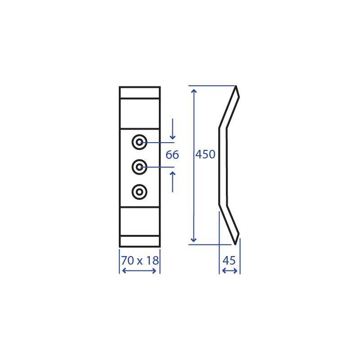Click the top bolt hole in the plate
[139, 142]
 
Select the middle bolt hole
[139, 167]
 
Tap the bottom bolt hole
[139, 192]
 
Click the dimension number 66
[172, 155]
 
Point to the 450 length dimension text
[205, 154]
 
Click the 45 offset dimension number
[229, 261]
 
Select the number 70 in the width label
[127, 261]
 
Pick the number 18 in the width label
[152, 261]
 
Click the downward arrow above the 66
[172, 129]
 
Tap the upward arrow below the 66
[172, 182]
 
